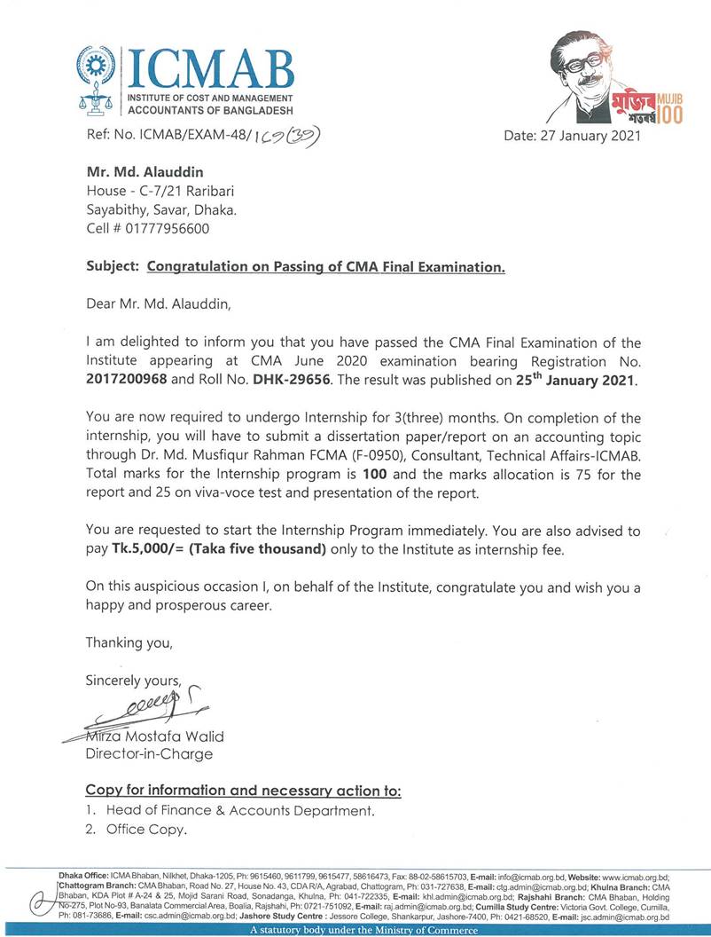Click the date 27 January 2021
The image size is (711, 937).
[571, 136]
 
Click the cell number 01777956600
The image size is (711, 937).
[169, 228]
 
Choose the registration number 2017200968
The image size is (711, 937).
[129, 379]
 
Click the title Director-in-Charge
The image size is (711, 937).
[149, 754]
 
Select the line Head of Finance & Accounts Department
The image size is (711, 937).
[239, 810]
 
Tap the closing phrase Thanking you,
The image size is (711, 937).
[129, 642]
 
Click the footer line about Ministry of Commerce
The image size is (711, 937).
[363, 931]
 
